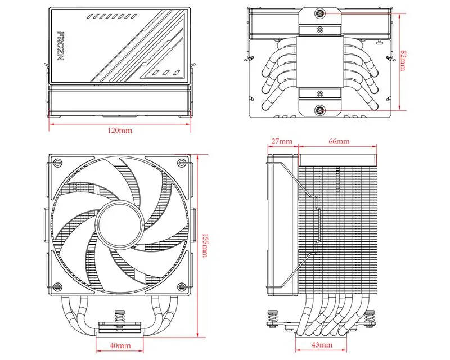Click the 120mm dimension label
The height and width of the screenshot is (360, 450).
(120, 130)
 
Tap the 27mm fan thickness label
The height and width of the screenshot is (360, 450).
(282, 141)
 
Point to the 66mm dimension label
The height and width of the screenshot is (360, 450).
(338, 141)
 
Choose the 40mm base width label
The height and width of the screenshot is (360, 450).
(120, 344)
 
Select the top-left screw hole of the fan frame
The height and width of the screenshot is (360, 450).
(57, 164)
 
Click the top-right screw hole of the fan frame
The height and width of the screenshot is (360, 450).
(181, 164)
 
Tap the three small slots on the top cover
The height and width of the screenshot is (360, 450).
(164, 73)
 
